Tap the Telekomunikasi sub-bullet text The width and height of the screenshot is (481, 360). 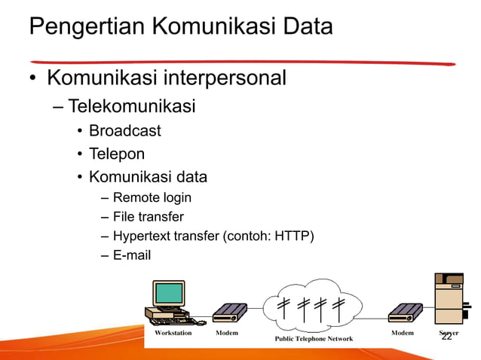coord(132,106)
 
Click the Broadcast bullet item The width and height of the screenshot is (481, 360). coord(125,131)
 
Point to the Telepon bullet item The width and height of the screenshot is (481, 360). coord(117,154)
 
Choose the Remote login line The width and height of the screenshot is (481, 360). coord(152,198)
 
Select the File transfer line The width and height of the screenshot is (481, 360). coord(148,218)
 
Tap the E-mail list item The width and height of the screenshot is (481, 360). coord(131,255)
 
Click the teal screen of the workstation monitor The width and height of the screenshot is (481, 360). coord(169,293)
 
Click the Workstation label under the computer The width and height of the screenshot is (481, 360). coord(173,332)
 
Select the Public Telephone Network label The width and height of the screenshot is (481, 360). coord(314,339)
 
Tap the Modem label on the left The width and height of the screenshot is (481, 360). coord(228,332)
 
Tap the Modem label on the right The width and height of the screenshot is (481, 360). coord(402,332)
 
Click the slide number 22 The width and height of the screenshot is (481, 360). coord(446,337)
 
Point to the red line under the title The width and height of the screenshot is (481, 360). coord(241,63)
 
